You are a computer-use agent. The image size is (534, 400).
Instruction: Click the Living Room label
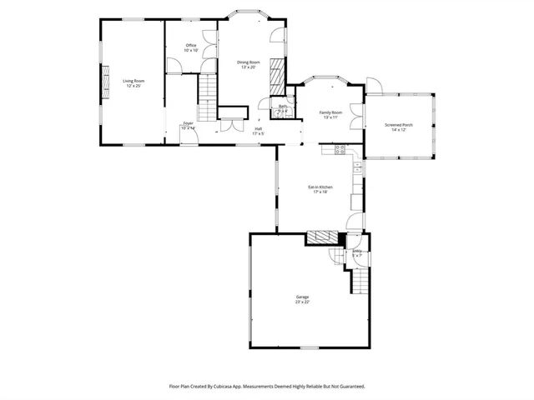pos(133,81)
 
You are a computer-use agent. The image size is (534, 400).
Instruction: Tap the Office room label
pos(191,45)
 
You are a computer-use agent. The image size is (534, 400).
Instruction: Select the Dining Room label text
pos(249,62)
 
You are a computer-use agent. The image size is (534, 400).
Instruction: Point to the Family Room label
pos(331,112)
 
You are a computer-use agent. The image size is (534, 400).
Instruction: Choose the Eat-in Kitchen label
pos(320,187)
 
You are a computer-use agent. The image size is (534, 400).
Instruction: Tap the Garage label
pos(302,297)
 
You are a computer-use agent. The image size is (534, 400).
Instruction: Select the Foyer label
pos(188,123)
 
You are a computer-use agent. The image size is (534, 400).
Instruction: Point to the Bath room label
pos(283,107)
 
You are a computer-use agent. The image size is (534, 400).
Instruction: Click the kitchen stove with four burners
pos(340,150)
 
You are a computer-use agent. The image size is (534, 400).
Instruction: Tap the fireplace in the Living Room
pos(105,81)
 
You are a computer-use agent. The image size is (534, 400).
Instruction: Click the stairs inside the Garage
pos(358,282)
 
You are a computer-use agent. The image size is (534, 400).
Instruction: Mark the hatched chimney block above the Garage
pos(319,238)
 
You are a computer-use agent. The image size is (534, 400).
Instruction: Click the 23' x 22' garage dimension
pos(302,302)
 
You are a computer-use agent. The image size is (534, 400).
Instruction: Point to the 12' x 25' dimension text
pos(133,86)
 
